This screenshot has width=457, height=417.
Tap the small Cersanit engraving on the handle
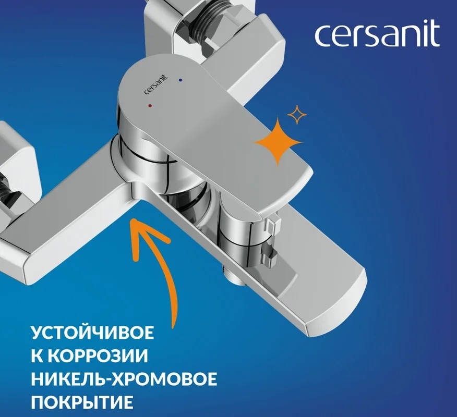[x=156, y=85]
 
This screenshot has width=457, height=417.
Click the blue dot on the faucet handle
[x=181, y=80]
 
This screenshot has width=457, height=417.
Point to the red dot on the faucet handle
[x=150, y=105]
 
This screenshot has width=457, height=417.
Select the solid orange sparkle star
[x=278, y=142]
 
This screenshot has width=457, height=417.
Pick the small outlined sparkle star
[x=297, y=115]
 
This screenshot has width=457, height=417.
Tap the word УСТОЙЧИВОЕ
[x=92, y=333]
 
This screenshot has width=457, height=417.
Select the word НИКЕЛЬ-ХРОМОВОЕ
[x=124, y=379]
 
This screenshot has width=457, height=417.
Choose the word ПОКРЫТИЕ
[x=82, y=402]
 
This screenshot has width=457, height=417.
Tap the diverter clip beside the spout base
[x=270, y=241]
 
